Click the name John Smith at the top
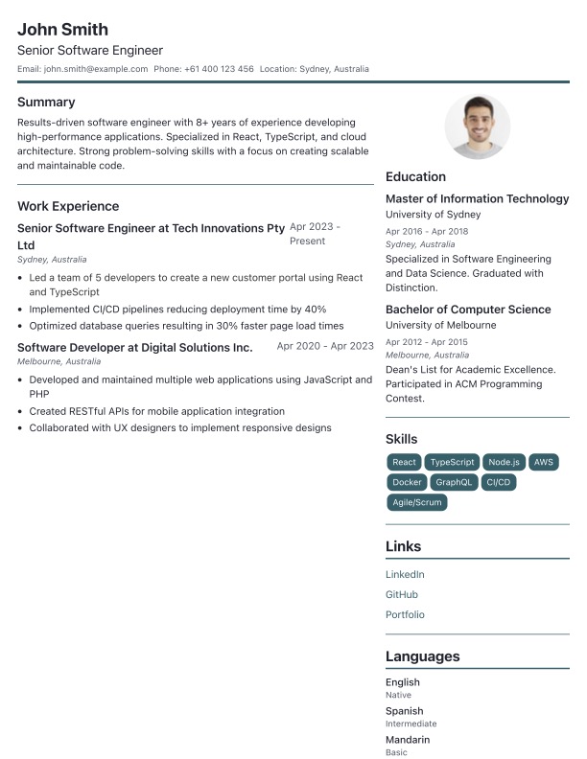click(x=62, y=30)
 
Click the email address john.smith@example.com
click(x=96, y=69)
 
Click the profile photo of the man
click(x=478, y=126)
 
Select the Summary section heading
click(x=46, y=102)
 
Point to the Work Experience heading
click(x=68, y=206)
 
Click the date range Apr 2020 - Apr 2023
click(x=325, y=347)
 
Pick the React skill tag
click(x=404, y=462)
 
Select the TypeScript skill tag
click(x=451, y=462)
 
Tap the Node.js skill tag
click(x=503, y=462)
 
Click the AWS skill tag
click(x=544, y=462)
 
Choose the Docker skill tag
click(x=407, y=482)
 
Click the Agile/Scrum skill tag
click(x=416, y=502)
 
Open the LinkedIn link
click(x=405, y=575)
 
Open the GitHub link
click(x=402, y=595)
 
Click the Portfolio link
click(x=405, y=615)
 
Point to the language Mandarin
click(x=408, y=740)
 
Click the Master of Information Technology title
click(x=477, y=199)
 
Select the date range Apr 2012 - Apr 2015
click(x=427, y=342)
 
